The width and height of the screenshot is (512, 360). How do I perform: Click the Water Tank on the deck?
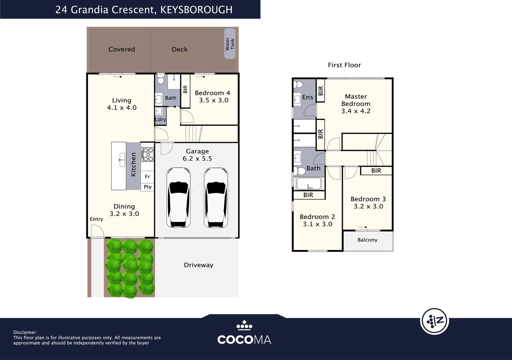(230, 43)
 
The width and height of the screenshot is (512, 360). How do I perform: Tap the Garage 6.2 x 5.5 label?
(197, 155)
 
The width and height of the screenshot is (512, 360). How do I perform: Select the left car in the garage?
(178, 198)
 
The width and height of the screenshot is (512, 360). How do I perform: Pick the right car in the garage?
(216, 198)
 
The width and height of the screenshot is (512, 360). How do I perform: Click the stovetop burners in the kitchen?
(147, 154)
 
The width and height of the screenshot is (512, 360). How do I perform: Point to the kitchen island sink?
(122, 160)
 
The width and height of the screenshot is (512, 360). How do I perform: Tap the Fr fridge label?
(147, 177)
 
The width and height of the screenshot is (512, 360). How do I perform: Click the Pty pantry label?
(148, 187)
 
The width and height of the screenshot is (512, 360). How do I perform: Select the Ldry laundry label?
(160, 119)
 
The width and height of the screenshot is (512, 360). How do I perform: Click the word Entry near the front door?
(96, 219)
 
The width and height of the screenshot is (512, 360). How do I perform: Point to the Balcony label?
(367, 240)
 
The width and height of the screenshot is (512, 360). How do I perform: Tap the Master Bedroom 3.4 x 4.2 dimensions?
(356, 111)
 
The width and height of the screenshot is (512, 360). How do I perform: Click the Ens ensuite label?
(308, 97)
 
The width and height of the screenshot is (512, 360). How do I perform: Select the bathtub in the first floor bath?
(309, 183)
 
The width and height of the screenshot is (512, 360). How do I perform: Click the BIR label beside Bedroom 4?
(185, 89)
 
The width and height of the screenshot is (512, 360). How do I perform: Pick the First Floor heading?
(345, 65)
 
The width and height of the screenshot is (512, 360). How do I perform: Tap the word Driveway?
(198, 265)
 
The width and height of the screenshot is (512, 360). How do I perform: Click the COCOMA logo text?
(244, 340)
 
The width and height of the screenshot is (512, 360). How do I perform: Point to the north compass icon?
(435, 321)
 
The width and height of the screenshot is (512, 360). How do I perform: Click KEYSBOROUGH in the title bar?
(196, 10)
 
